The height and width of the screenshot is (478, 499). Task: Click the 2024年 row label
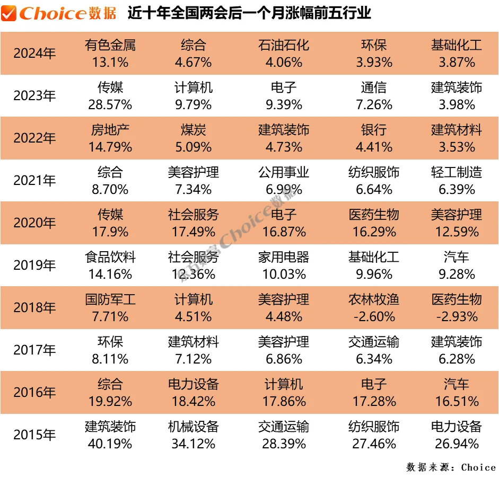click(x=34, y=54)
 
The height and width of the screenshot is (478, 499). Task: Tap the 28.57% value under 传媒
click(x=110, y=104)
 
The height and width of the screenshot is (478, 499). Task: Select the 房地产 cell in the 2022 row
click(x=110, y=130)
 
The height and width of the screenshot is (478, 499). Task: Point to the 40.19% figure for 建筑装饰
click(x=110, y=444)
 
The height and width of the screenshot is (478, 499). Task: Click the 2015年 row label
click(x=34, y=435)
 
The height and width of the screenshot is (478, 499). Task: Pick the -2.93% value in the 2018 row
click(x=457, y=316)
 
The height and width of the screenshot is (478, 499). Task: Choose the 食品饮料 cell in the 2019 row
click(x=110, y=257)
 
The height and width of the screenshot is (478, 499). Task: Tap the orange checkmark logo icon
click(x=8, y=13)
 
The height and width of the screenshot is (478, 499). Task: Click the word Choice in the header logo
click(x=52, y=13)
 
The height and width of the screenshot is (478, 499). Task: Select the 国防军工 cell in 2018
click(x=110, y=299)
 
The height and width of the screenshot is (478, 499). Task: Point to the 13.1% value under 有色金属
click(x=110, y=62)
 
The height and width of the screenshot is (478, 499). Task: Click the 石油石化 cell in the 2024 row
click(x=284, y=45)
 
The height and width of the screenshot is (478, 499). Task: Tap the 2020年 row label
click(x=34, y=223)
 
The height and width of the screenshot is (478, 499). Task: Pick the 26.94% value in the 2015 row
click(x=457, y=444)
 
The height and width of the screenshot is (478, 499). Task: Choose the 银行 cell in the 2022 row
click(x=374, y=130)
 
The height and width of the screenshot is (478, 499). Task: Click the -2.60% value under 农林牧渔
click(x=374, y=316)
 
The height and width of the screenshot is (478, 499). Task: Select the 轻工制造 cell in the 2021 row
click(x=457, y=172)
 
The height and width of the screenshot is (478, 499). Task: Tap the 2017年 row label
click(x=34, y=350)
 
